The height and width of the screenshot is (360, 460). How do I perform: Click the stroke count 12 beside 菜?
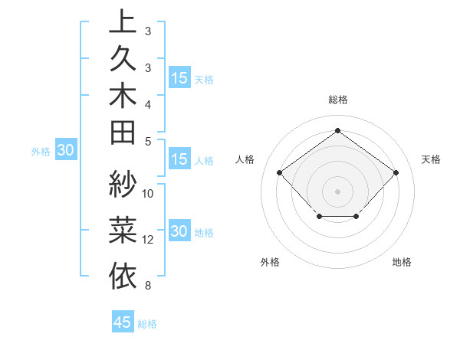(x=148, y=240)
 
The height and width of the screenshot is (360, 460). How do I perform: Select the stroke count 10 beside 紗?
(x=148, y=193)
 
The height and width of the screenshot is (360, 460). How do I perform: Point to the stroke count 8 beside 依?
(x=147, y=286)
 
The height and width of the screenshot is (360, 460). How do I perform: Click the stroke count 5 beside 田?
(x=147, y=141)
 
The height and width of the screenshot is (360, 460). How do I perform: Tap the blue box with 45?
(x=123, y=322)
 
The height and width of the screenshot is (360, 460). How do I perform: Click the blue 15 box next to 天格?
(x=179, y=78)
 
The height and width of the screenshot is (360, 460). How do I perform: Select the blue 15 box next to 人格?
(x=179, y=160)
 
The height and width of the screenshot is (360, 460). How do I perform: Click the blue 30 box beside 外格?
(x=65, y=151)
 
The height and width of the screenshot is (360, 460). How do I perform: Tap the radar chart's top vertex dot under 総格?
(x=337, y=131)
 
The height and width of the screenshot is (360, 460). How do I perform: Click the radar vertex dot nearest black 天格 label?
(x=396, y=173)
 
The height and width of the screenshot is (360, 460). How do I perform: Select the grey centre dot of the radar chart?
(x=337, y=191)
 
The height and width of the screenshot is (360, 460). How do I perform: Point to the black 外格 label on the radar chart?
(x=270, y=262)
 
